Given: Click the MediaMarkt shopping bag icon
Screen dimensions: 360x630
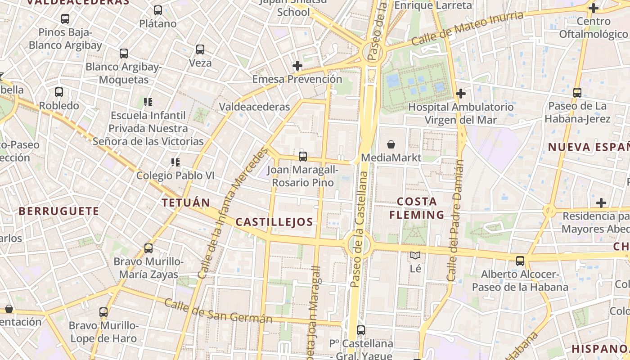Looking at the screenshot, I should (391, 144).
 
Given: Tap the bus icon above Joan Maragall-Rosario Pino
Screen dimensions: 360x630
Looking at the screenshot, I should (303, 157).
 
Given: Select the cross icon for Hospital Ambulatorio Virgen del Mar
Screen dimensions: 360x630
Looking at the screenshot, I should (460, 94).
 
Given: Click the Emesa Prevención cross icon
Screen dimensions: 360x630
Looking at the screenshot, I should (297, 66).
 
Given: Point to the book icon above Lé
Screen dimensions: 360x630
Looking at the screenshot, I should (415, 256).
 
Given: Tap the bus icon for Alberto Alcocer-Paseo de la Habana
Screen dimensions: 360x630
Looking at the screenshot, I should (520, 261).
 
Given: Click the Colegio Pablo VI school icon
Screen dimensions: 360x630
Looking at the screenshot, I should (175, 162).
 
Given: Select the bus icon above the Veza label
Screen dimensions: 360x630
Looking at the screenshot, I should (200, 49).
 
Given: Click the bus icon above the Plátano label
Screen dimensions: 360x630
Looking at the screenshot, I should (157, 10).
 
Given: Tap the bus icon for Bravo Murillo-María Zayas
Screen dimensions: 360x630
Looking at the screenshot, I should (148, 248).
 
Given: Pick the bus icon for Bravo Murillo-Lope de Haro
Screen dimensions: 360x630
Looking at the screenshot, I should (103, 312).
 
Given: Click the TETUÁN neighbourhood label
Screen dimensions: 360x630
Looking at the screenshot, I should (186, 202).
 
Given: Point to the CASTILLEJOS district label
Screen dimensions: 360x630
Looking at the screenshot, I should (274, 221).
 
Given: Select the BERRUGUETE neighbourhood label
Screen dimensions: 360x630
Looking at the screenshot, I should (58, 211).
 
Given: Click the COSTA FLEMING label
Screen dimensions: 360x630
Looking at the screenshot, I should (417, 208).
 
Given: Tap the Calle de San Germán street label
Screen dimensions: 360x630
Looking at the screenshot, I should (218, 311).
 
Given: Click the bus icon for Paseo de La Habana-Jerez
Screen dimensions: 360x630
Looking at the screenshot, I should (577, 93).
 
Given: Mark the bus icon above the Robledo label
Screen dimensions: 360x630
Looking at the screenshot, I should (59, 92).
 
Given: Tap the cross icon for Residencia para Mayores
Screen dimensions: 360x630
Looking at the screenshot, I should (601, 203).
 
